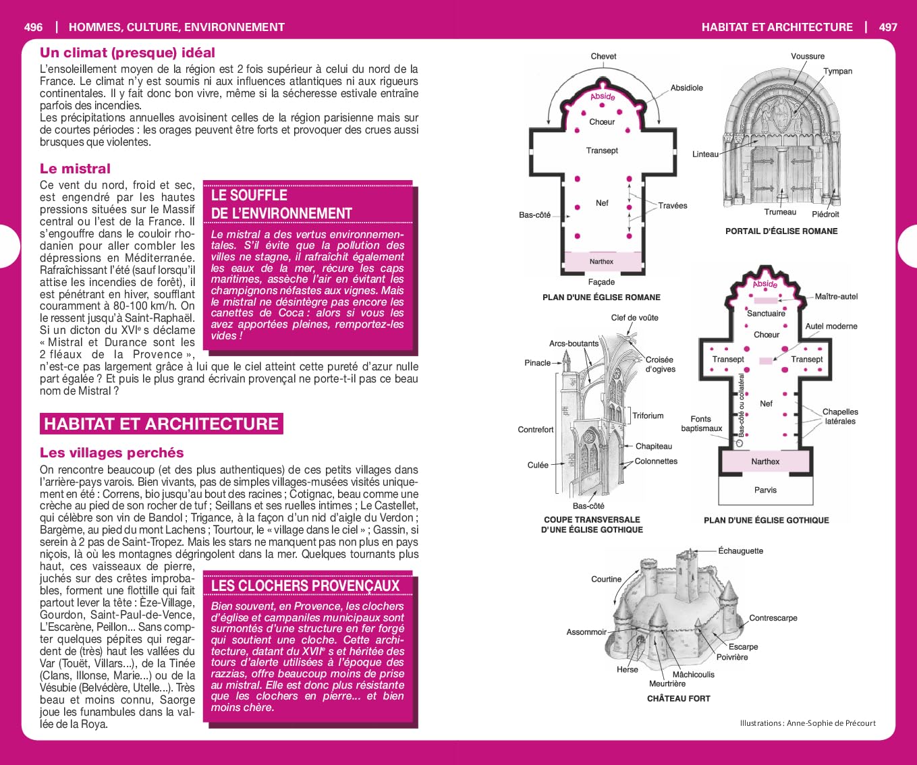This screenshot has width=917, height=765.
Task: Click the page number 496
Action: (x=33, y=27)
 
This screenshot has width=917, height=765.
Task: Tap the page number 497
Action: (x=888, y=27)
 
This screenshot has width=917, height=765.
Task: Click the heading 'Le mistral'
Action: (x=75, y=169)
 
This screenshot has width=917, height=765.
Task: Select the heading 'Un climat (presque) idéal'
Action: (x=128, y=53)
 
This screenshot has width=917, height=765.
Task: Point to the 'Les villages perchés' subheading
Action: (x=112, y=453)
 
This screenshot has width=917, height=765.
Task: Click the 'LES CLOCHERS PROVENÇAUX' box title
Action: (x=306, y=586)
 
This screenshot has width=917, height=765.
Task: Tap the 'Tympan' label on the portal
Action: (x=837, y=71)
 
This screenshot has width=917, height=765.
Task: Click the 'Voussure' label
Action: (x=808, y=56)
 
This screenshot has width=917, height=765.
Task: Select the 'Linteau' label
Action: (x=705, y=154)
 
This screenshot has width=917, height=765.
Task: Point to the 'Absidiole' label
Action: (x=686, y=88)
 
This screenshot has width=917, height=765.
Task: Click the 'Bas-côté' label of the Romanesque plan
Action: (x=534, y=215)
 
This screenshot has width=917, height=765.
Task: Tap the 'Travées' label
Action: (x=673, y=205)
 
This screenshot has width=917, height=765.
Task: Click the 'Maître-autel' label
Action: (x=836, y=296)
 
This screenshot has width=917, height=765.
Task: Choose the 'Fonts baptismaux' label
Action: (x=701, y=424)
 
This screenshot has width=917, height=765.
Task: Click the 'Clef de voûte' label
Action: (x=634, y=318)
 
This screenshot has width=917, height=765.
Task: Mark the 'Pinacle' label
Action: (x=537, y=363)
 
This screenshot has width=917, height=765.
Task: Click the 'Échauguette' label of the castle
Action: (x=740, y=550)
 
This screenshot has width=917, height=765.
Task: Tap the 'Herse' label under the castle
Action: (x=627, y=669)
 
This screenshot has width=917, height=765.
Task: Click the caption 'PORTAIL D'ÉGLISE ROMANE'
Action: (x=781, y=231)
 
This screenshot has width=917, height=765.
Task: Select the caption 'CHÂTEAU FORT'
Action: (x=678, y=698)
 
